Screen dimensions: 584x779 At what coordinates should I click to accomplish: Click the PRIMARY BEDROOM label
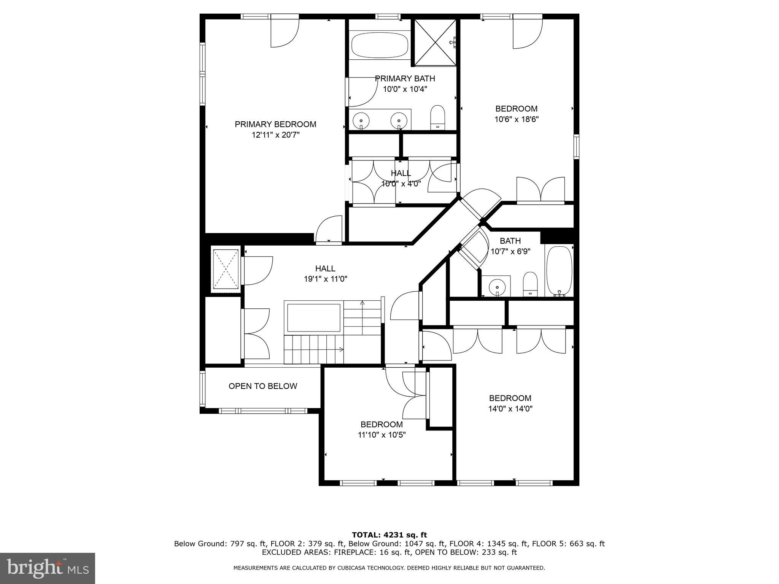[275, 124]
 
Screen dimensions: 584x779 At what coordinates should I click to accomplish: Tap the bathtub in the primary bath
[380, 45]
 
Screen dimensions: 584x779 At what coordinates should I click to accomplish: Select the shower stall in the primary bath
[435, 42]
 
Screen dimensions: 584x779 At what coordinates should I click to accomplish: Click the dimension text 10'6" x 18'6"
[516, 119]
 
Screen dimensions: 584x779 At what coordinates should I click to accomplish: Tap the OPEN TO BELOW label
[262, 386]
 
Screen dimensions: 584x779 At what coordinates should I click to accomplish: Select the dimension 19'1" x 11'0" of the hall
[325, 279]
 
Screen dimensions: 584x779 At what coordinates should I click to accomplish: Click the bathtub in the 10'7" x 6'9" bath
[559, 271]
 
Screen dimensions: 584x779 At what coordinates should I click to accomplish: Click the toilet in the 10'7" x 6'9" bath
[529, 283]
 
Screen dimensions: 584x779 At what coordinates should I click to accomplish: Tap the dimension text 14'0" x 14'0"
[510, 409]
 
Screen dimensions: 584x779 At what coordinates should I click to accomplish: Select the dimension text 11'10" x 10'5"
[382, 435]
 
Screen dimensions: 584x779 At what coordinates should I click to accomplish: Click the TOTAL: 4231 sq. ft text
[389, 535]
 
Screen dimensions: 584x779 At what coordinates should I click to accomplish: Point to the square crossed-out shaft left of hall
[226, 269]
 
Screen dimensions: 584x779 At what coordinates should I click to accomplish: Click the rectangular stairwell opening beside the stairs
[313, 317]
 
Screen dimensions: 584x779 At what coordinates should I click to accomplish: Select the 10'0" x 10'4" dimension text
[405, 89]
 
